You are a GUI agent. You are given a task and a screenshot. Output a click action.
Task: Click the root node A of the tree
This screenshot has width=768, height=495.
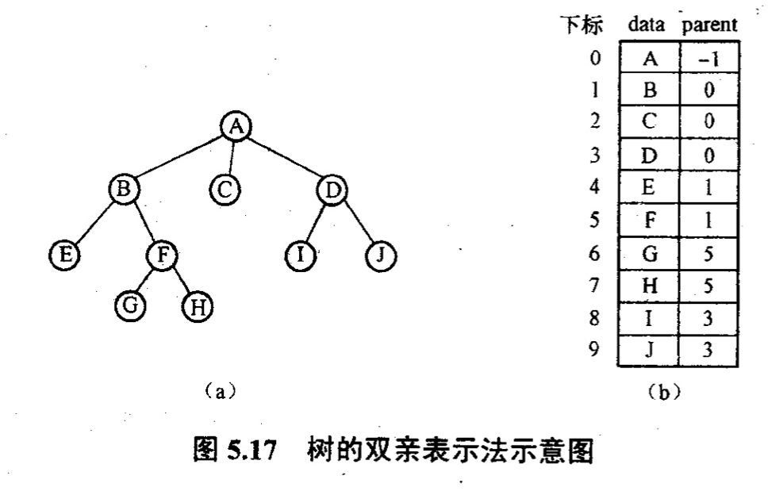[x=235, y=125]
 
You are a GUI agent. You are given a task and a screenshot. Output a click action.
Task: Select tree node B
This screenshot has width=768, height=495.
[x=124, y=189]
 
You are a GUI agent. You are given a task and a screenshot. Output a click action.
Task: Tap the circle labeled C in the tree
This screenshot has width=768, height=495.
[x=225, y=189]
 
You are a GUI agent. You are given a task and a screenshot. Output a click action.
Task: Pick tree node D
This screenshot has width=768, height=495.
[x=332, y=189]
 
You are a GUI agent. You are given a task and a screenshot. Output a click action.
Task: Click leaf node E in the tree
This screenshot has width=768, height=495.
[x=62, y=255]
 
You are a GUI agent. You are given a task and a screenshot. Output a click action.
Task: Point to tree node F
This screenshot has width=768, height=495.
[x=163, y=255]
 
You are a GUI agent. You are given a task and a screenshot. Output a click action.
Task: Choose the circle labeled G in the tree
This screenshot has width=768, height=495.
[x=129, y=305]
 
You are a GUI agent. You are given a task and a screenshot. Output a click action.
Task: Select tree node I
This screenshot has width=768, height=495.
[x=301, y=255]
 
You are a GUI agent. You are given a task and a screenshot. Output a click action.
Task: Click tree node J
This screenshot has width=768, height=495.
[x=381, y=255]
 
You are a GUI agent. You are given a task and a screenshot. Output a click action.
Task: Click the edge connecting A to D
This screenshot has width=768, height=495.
[x=284, y=157]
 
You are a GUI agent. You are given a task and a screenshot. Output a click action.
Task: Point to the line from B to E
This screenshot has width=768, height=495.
[x=93, y=222]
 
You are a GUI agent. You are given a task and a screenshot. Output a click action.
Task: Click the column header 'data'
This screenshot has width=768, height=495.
[x=647, y=25]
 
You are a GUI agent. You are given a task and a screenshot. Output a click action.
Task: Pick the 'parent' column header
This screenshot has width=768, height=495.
[x=710, y=25]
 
